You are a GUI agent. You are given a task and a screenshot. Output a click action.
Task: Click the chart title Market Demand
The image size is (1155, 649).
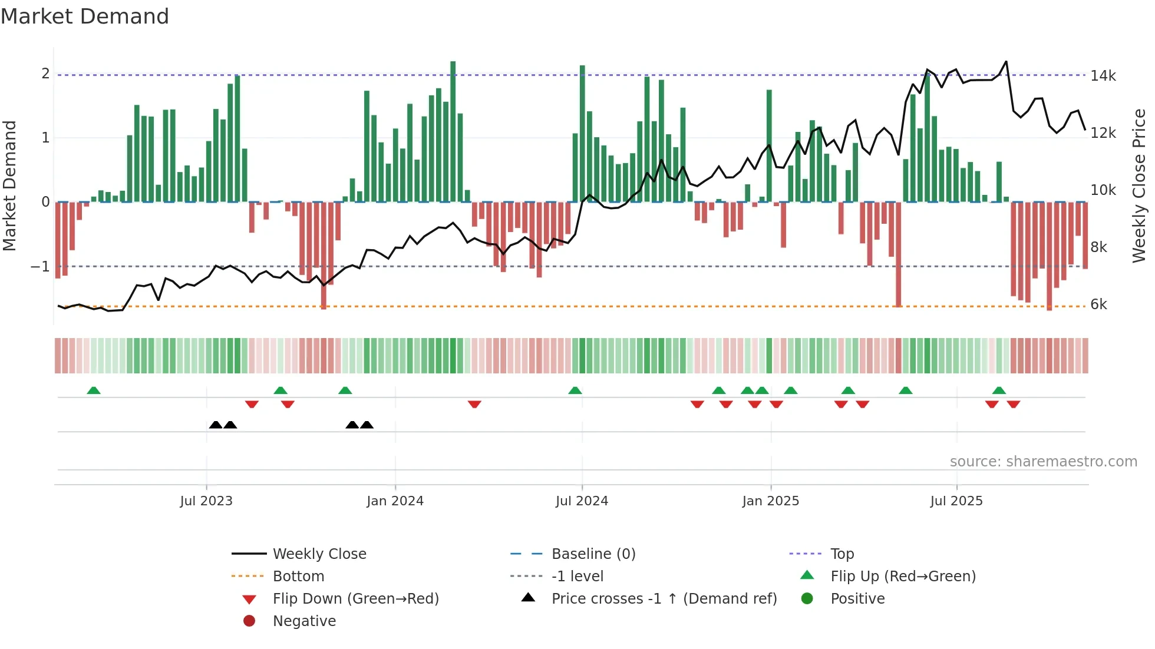click(85, 16)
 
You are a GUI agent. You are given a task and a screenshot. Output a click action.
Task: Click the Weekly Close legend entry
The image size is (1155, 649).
click(319, 554)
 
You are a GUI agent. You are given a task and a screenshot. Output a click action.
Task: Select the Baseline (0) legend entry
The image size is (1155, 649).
click(593, 554)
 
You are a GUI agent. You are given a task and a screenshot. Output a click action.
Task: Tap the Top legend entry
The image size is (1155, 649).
click(841, 554)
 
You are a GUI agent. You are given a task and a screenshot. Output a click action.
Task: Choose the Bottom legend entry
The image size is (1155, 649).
click(298, 577)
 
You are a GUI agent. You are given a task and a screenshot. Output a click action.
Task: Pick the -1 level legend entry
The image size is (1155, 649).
click(577, 577)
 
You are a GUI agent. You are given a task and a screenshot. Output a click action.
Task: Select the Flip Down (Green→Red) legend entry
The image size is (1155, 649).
click(355, 599)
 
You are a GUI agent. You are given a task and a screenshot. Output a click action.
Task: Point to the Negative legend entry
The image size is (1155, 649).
click(304, 621)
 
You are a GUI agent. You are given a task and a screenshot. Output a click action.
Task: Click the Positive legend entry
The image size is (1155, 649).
click(857, 599)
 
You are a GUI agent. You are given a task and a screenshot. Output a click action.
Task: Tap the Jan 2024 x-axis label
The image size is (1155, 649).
click(395, 501)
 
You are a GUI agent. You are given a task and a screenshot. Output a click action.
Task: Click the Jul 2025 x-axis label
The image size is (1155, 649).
click(956, 501)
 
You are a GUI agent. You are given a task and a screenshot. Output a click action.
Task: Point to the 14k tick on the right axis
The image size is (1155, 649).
click(1103, 76)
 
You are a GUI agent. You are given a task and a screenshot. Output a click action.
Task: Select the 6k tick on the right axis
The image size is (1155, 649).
click(1098, 304)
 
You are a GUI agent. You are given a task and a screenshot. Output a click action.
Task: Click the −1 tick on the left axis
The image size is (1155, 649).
click(41, 267)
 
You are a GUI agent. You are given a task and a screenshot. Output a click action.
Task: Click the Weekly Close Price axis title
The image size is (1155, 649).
click(1139, 186)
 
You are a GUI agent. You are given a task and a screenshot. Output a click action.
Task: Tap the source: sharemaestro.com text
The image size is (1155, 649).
click(1043, 462)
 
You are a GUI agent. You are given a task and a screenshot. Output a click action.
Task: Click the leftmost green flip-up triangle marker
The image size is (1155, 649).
click(94, 390)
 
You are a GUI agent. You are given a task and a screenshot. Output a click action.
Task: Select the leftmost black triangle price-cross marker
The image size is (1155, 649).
click(216, 425)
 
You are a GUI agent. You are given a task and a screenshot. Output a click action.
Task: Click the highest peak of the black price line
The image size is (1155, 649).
click(1006, 62)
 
